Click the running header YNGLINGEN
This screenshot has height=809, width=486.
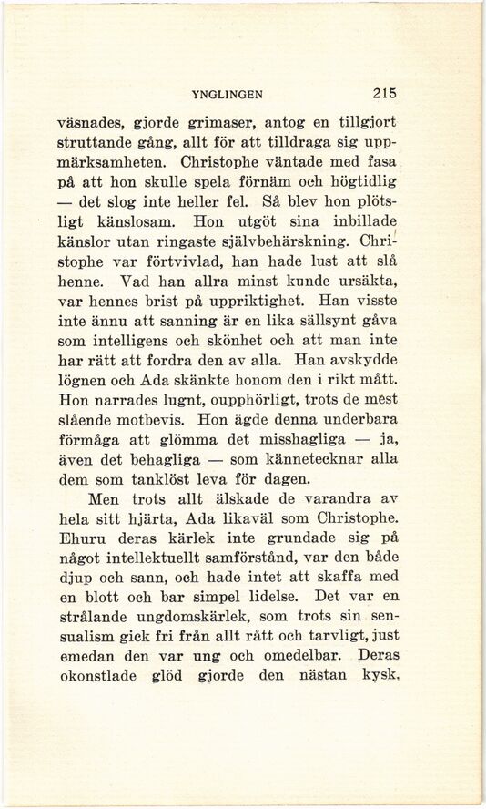(x=227, y=93)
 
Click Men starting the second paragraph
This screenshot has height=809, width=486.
(x=106, y=499)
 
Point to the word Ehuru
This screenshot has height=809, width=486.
(x=79, y=539)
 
